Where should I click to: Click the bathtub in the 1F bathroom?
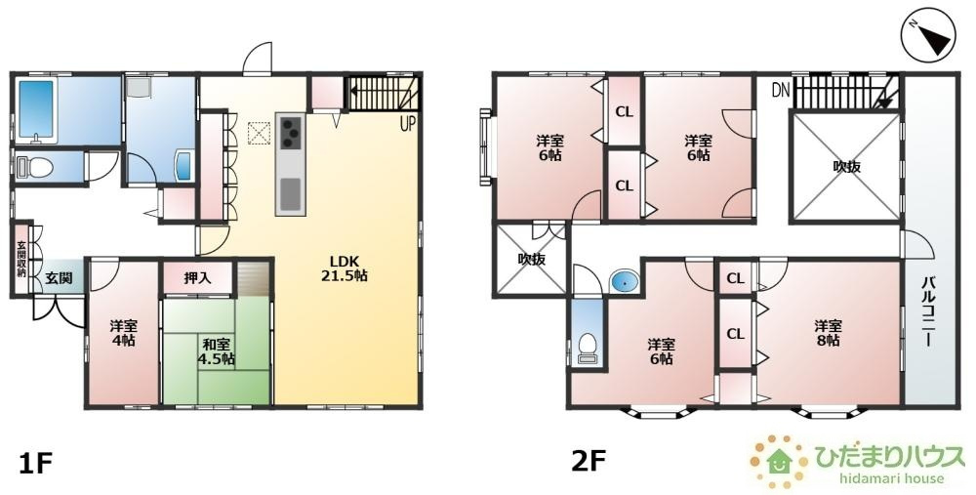click(x=36, y=109)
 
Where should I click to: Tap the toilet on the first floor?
click(x=37, y=168)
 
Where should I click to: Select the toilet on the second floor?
click(x=588, y=348)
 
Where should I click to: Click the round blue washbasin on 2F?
click(x=623, y=281)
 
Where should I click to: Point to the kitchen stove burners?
click(x=291, y=134)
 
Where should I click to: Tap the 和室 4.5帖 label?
click(x=216, y=351)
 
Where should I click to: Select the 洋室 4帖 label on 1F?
click(x=124, y=333)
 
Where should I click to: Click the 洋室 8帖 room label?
click(x=829, y=333)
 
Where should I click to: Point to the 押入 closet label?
click(x=197, y=278)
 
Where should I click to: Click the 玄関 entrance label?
click(x=59, y=277)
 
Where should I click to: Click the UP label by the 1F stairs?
click(x=408, y=125)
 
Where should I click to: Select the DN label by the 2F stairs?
click(x=781, y=91)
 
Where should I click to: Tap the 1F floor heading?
click(x=34, y=464)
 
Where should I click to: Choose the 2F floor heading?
click(x=589, y=462)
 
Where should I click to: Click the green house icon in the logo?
click(x=779, y=462)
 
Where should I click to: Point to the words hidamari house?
click(x=891, y=478)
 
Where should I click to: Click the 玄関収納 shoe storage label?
click(x=21, y=258)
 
